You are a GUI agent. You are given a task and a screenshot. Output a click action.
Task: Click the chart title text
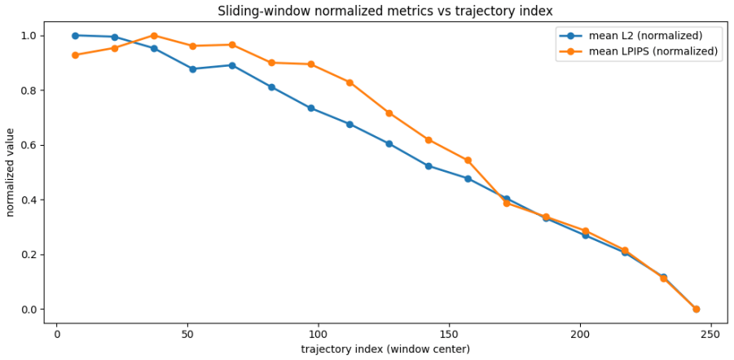coord(385,11)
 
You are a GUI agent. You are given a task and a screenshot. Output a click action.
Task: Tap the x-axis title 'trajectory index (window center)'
coord(385,349)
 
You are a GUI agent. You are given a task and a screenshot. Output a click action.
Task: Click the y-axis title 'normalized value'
coord(11,173)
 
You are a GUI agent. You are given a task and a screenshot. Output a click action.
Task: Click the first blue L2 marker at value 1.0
coord(76,36)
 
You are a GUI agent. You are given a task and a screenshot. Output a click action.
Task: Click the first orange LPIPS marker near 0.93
coord(76,55)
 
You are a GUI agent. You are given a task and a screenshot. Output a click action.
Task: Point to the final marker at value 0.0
coord(696,309)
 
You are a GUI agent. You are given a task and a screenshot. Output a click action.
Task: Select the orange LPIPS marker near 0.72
coord(389,113)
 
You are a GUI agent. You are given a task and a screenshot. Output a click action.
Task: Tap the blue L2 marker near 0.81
coord(271,87)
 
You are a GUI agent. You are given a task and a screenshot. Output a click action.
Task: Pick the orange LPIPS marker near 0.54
coord(468,160)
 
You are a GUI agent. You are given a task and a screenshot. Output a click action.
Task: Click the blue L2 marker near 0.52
coord(429,166)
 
